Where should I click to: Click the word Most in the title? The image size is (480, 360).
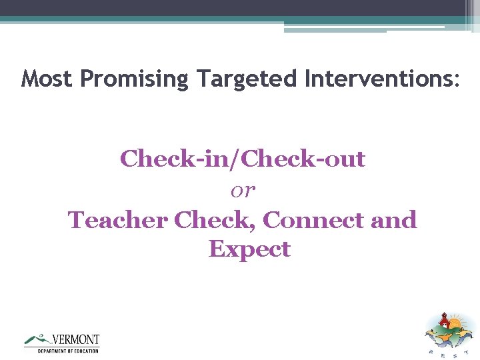47,79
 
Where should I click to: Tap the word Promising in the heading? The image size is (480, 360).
135,79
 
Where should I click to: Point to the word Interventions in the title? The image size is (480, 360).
377,79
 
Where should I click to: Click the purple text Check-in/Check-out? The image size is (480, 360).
243,159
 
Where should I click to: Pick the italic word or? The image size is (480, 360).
243,191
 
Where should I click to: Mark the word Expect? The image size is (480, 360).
249,249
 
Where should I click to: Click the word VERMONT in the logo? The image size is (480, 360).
75,339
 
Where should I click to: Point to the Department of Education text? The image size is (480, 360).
68,351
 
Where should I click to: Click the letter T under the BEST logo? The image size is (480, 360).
467,353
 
